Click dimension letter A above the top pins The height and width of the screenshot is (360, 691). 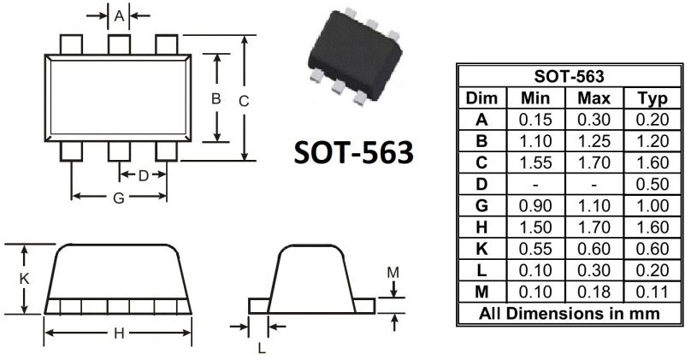click(x=119, y=16)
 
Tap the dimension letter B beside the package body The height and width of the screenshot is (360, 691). click(x=216, y=98)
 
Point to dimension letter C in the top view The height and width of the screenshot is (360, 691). click(x=244, y=102)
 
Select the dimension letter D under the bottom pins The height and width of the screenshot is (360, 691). click(x=144, y=176)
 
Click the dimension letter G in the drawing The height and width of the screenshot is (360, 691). click(x=119, y=198)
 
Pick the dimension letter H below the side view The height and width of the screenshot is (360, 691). click(x=119, y=333)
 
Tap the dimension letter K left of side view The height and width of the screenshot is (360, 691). click(x=24, y=279)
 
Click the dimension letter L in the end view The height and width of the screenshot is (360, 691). click(x=262, y=349)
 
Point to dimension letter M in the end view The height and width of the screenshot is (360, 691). click(x=393, y=273)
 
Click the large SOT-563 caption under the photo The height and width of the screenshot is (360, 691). click(x=354, y=152)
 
